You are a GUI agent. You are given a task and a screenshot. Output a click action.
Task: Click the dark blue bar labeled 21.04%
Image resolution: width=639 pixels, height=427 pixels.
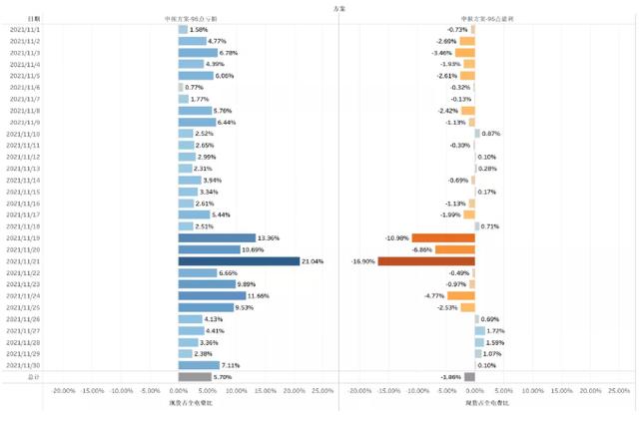tap(239, 261)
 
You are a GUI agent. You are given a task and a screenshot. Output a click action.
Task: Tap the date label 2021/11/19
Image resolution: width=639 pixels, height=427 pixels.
tap(24, 238)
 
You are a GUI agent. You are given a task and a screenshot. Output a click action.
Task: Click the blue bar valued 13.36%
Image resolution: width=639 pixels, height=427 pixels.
tap(217, 238)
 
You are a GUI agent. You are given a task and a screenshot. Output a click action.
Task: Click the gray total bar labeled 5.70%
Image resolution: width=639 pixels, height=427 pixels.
tap(195, 377)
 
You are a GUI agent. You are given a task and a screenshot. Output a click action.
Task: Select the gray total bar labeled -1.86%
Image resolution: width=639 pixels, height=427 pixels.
tap(469, 377)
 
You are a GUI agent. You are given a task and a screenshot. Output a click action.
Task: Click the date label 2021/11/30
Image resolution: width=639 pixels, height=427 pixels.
tap(24, 365)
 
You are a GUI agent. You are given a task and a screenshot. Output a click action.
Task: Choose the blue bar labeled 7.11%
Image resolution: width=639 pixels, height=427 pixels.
tap(199, 365)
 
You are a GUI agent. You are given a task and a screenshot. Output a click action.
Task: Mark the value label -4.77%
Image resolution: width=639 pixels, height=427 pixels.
tap(434, 296)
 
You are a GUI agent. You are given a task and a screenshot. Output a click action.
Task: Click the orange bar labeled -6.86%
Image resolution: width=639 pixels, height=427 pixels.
tap(455, 249)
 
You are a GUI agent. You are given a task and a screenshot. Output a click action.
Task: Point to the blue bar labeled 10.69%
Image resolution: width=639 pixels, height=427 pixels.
tap(209, 249)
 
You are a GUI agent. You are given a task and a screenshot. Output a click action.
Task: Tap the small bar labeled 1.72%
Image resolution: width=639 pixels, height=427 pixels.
tap(479, 330)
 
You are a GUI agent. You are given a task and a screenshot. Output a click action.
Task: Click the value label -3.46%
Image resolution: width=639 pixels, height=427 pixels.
tap(442, 53)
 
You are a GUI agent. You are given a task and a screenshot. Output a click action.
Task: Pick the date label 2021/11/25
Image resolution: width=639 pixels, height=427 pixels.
tap(24, 307)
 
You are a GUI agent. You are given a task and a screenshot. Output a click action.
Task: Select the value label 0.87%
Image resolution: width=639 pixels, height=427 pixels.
tap(491, 134)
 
